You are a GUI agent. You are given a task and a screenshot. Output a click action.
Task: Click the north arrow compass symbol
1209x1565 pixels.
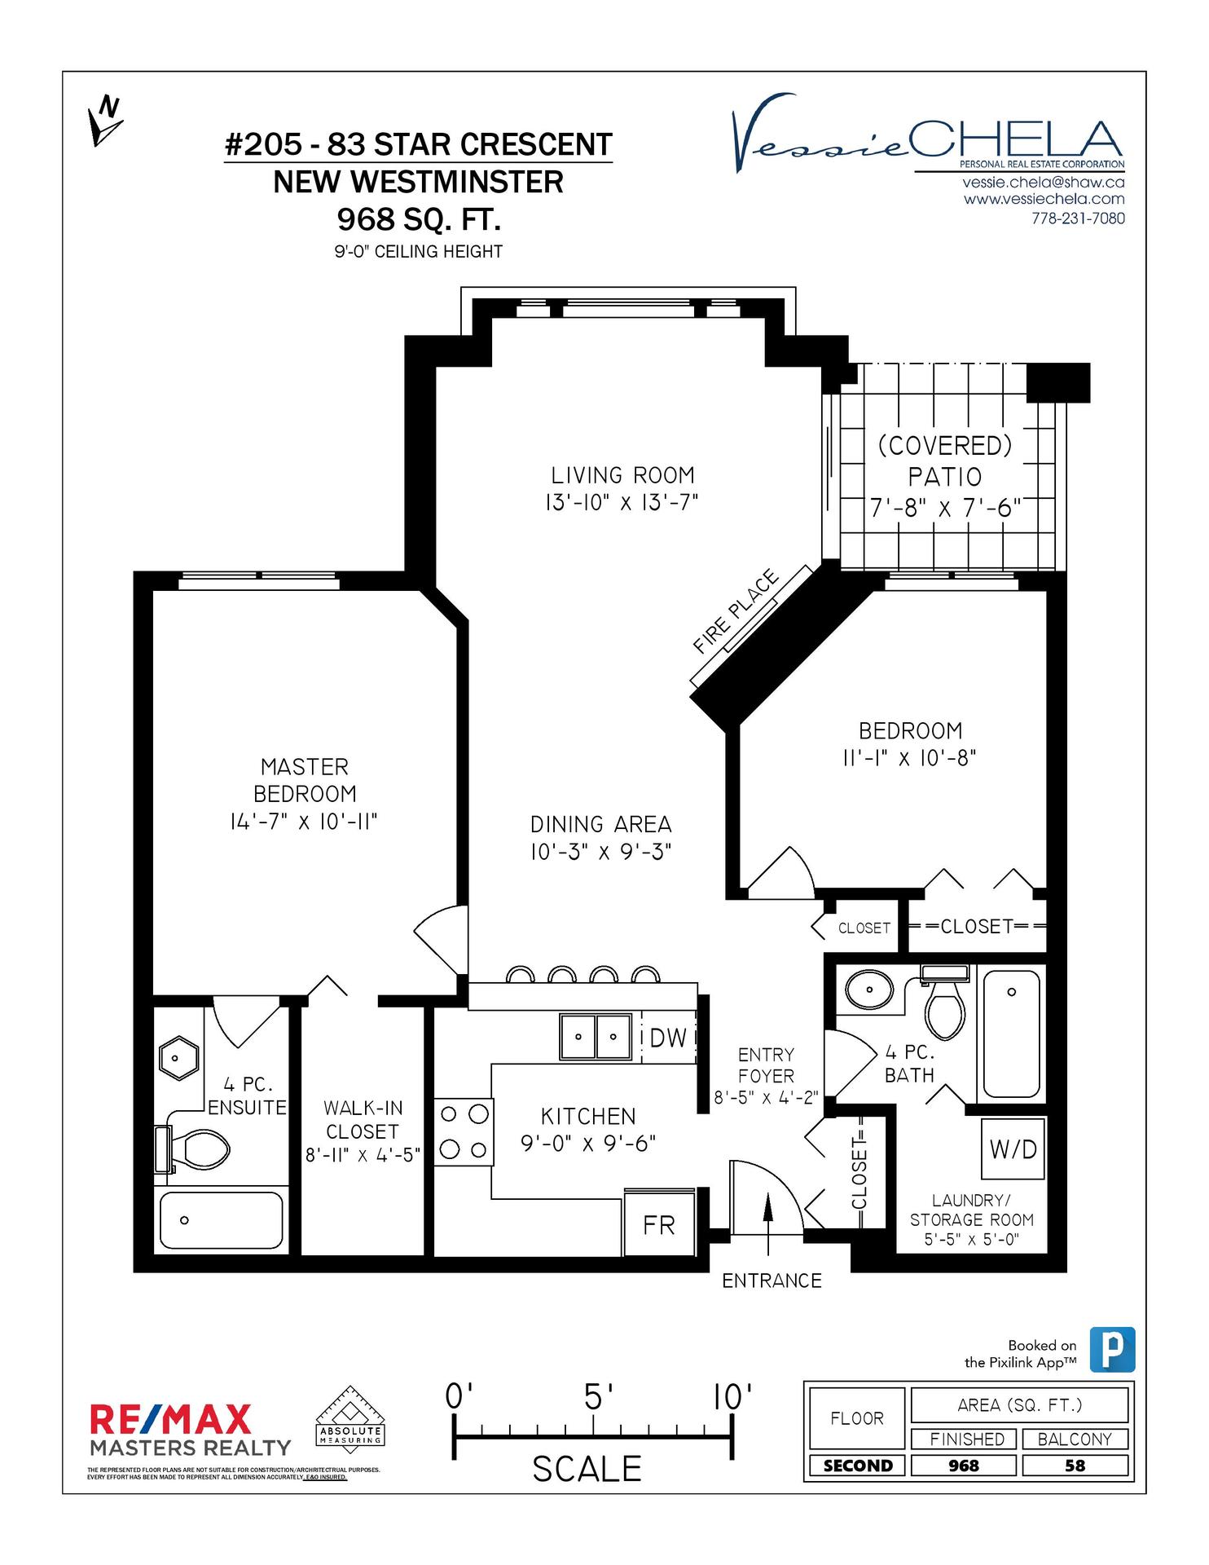(x=105, y=121)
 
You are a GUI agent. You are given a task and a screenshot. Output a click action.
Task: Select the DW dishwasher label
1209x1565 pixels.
(x=669, y=1038)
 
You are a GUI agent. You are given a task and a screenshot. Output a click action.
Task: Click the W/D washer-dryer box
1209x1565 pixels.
(x=1013, y=1148)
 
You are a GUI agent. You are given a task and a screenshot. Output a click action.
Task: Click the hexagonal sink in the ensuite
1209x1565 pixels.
(x=178, y=1058)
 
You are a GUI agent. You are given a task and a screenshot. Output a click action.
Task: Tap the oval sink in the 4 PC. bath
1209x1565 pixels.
(x=869, y=990)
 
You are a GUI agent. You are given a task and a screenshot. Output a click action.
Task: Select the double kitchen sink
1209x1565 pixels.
(x=596, y=1037)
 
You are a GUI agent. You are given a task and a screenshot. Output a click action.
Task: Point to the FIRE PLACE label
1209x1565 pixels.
(x=736, y=611)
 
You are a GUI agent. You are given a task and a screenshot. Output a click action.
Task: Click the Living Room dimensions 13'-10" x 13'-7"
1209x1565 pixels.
(x=622, y=502)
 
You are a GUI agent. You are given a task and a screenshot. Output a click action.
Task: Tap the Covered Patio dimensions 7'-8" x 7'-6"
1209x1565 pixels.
(x=945, y=509)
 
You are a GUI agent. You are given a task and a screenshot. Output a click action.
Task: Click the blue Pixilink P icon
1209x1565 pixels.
(x=1113, y=1349)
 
